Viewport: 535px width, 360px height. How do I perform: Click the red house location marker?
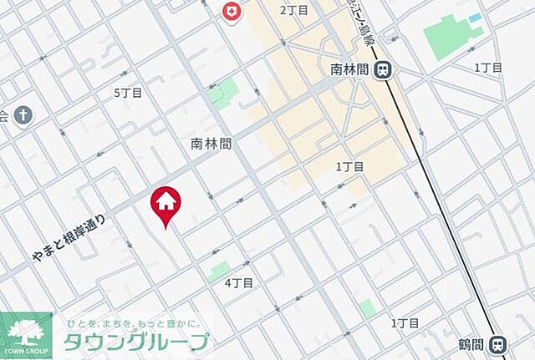(x=166, y=203)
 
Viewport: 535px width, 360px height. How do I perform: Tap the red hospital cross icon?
(x=229, y=11)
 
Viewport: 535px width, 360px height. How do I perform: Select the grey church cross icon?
(x=23, y=114)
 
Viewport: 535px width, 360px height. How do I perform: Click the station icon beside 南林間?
(x=384, y=71)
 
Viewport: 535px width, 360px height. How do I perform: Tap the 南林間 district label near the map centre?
(x=209, y=144)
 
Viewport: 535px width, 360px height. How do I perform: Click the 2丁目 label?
(x=294, y=10)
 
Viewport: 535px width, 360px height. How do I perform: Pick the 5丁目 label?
(x=128, y=94)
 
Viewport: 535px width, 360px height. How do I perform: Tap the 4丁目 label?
(x=239, y=283)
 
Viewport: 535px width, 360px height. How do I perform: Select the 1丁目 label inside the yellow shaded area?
(x=349, y=167)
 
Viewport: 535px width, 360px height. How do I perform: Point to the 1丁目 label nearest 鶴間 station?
(x=405, y=322)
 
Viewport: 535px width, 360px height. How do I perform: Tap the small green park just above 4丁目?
(x=219, y=270)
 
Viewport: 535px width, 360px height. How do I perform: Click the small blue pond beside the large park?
(x=475, y=18)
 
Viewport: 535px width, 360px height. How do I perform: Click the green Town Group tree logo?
(x=25, y=331)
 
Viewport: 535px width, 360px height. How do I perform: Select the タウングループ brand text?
(x=136, y=342)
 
